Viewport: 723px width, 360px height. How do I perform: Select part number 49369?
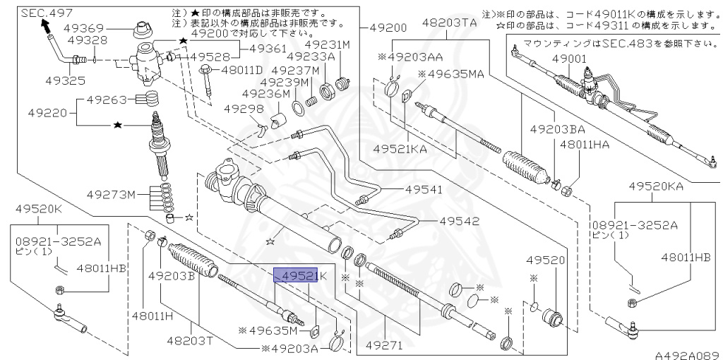point(84,28)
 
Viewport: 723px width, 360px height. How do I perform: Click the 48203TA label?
point(449,23)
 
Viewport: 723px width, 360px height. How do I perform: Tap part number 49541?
point(424,189)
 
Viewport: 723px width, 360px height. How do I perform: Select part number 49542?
point(459,220)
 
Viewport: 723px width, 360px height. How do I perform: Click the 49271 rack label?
point(385,346)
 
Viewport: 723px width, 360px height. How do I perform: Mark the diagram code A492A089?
point(686,355)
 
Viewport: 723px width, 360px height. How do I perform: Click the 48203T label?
point(190,341)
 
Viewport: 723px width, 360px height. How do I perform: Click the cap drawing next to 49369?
point(145,32)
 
